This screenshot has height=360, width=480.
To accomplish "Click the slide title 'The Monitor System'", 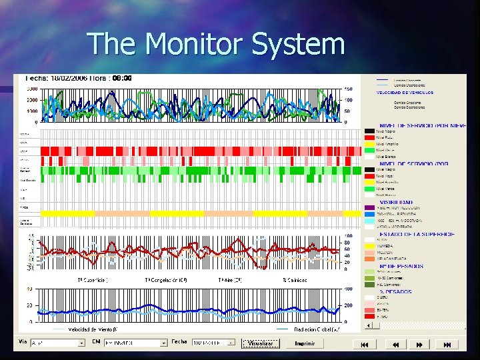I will click(x=216, y=44).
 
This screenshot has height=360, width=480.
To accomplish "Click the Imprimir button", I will click(x=305, y=343).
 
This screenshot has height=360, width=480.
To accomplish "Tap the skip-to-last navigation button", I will click(x=447, y=344).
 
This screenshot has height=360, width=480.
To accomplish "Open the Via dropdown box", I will click(x=57, y=343).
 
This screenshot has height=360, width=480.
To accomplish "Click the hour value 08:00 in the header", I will click(x=121, y=78).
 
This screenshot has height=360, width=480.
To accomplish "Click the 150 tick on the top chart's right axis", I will click(x=348, y=89).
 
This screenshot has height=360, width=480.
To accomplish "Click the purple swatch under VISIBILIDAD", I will click(x=369, y=208).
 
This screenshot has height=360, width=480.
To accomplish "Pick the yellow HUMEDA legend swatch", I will click(x=369, y=246).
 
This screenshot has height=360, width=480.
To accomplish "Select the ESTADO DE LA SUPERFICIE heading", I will click(x=417, y=234).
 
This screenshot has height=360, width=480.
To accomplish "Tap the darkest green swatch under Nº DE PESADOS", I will click(x=369, y=285).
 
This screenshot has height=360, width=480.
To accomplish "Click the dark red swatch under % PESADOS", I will click(x=369, y=316).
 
